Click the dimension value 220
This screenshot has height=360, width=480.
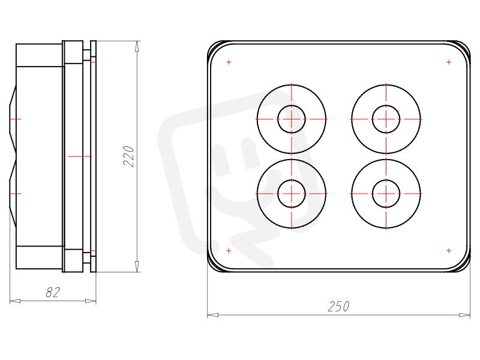coord(129,157)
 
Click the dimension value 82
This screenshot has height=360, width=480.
coord(53,292)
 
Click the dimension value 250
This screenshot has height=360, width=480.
coord(338,307)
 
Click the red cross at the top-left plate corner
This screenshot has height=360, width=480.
coord(229,62)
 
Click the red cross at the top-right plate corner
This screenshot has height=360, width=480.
coord(449,62)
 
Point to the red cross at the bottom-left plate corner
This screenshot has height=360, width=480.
coord(229,251)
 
